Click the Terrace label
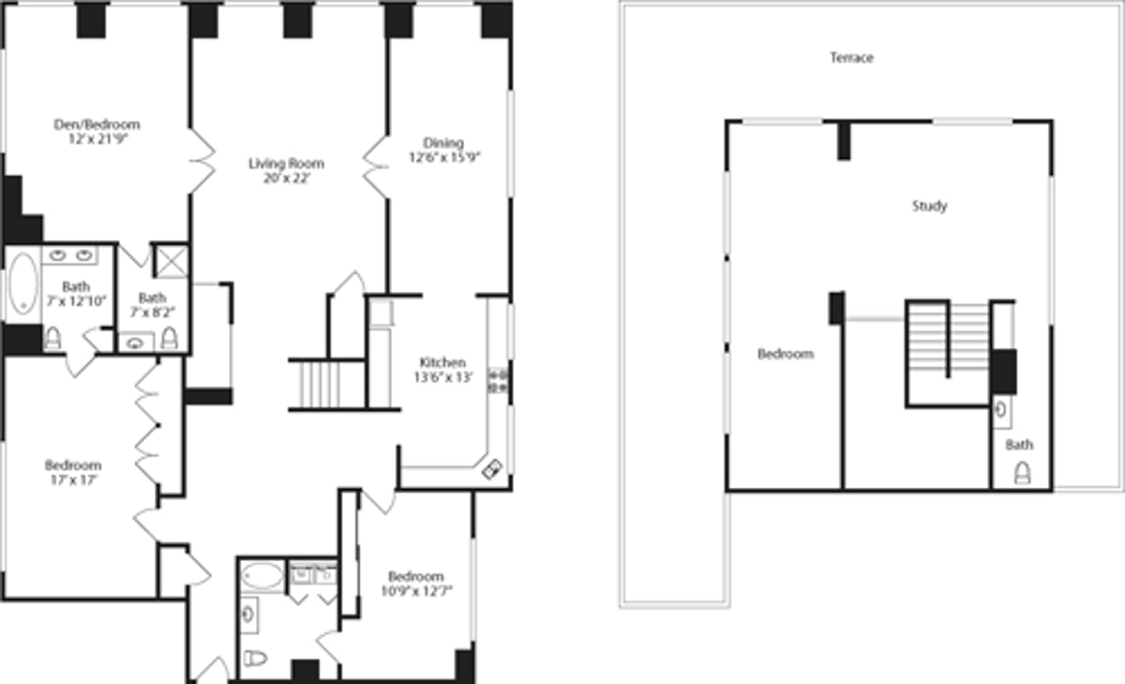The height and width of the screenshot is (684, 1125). pos(852,58)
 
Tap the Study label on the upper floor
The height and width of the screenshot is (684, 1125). pos(930,206)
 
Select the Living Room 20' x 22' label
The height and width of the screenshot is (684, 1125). pos(286,171)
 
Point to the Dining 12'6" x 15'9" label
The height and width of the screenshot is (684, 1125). pos(444,150)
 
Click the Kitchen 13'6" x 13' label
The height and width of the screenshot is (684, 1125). pos(442,370)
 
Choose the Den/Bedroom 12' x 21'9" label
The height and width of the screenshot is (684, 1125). pos(97,131)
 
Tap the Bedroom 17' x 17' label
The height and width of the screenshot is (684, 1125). pos(73,472)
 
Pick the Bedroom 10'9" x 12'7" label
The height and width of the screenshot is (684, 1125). pos(416,584)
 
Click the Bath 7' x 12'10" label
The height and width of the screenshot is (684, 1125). pos(76,294)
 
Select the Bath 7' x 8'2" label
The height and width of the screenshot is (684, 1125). pos(152,305)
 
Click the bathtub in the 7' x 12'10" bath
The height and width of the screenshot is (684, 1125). pos(23,283)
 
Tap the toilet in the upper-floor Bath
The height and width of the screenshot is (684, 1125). pos(1023,473)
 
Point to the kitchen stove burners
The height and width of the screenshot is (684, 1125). pos(498,382)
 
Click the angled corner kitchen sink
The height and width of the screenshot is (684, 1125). pos(492,469)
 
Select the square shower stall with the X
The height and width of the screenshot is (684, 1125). pos(172,261)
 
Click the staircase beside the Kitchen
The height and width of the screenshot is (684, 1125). pos(326,385)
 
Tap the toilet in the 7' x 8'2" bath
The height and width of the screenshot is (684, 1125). pos(170,338)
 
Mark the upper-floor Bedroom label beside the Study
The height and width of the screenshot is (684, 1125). pos(786,355)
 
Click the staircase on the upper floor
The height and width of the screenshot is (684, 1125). pos(948,337)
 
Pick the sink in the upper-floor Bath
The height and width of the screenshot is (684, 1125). pos(1001,411)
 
